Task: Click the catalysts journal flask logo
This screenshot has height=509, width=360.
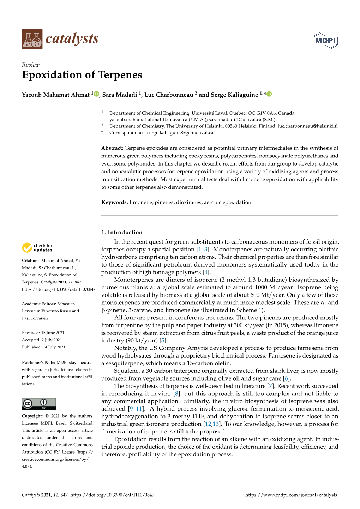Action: pos(32,39)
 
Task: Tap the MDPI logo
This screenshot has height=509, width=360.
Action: pos(325,41)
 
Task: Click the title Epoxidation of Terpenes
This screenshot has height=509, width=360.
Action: pos(82,75)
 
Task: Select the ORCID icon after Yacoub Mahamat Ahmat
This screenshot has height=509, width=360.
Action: pos(96,94)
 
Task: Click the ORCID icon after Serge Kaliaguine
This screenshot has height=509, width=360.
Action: pos(269,94)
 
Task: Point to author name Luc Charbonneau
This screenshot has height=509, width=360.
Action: pos(169,95)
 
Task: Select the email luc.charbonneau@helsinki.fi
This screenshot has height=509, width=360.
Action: pos(307,126)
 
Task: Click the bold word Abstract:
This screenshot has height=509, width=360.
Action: pos(112,148)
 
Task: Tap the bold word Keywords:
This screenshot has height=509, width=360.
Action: pos(114,202)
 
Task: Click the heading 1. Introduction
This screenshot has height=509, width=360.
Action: pos(122,232)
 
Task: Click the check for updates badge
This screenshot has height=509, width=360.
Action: pos(37,248)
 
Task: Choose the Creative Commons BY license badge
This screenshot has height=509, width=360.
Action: pos(39,404)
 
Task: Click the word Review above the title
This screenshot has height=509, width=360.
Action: pos(31,65)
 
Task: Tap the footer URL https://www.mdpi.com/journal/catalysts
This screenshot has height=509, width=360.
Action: pos(291,495)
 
